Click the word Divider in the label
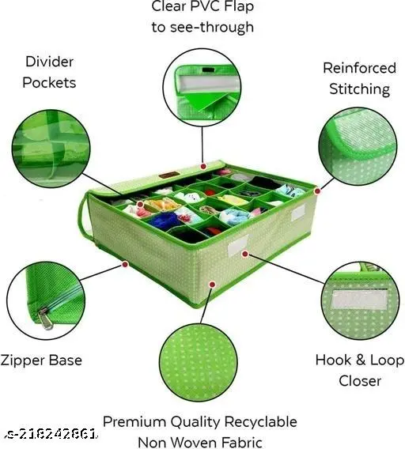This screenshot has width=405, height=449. (x=49, y=62)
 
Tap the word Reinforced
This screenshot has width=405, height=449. (x=360, y=68)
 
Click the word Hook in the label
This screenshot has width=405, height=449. (x=333, y=360)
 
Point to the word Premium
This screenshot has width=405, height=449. (x=134, y=422)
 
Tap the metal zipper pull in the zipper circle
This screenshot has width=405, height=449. (x=46, y=318)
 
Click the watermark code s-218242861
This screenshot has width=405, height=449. (x=51, y=435)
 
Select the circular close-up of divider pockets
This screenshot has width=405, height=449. (x=51, y=149)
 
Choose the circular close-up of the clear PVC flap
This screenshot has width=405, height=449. (x=202, y=87)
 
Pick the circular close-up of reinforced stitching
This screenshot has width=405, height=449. (x=358, y=146)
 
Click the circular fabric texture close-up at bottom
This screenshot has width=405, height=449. (x=199, y=362)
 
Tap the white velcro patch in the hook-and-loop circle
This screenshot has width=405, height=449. (x=359, y=300)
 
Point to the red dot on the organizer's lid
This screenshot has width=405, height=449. (x=203, y=166)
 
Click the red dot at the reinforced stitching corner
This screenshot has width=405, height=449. (x=317, y=191)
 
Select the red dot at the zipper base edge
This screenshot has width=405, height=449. (x=125, y=264)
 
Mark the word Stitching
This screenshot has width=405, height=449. (x=360, y=89)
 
